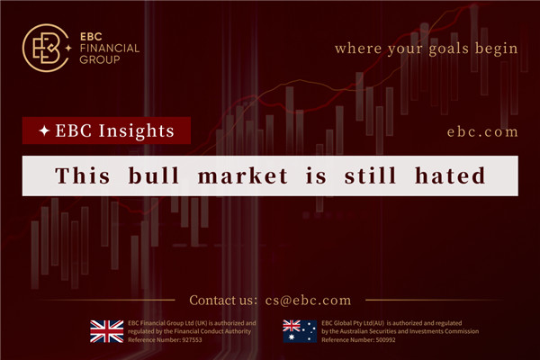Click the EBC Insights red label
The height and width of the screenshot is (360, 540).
tap(107, 131)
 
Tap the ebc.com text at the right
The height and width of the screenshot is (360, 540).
tap(482, 131)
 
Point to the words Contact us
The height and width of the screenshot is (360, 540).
tap(222, 300)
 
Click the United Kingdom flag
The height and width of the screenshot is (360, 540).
tap(107, 330)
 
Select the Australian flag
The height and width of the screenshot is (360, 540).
tap(300, 330)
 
